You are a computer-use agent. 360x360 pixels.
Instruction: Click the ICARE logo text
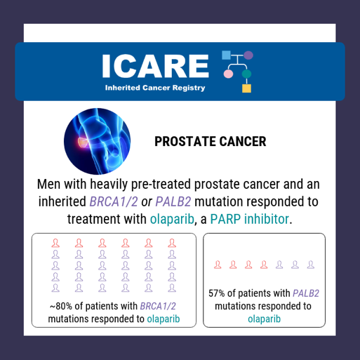tap(155, 66)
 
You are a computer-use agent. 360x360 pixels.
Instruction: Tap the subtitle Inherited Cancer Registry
tap(155, 88)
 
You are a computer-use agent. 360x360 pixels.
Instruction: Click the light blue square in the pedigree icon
tap(226, 55)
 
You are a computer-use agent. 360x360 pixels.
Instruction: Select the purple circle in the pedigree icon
tap(248, 55)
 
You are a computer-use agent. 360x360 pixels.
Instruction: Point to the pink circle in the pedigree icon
tap(228, 74)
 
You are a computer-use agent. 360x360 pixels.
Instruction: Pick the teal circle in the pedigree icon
tap(246, 74)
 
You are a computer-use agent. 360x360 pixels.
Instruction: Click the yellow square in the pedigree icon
tap(246, 88)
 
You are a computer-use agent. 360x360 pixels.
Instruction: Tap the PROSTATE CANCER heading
tap(211, 142)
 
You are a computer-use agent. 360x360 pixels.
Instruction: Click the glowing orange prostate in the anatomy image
tap(82, 142)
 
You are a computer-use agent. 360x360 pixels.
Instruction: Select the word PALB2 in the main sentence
tap(173, 201)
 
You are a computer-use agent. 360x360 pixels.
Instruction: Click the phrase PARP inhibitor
tap(249, 219)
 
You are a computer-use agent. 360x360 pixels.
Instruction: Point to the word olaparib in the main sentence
tap(172, 220)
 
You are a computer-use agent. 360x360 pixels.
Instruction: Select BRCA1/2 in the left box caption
tap(158, 306)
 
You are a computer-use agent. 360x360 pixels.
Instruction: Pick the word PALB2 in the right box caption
tap(306, 293)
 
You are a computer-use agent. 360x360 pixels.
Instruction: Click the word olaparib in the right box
tap(264, 319)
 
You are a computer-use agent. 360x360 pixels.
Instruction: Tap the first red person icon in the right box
tap(218, 265)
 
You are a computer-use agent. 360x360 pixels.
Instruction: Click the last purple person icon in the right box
tap(310, 265)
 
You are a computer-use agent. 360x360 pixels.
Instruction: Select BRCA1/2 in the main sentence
tap(114, 201)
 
